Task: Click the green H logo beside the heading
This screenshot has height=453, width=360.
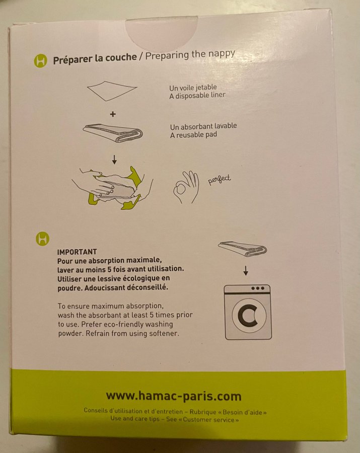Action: tap(41, 61)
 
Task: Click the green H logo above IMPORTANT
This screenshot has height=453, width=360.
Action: tap(43, 239)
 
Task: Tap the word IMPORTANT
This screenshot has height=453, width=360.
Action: tap(77, 252)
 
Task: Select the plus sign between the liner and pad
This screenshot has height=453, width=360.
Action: tap(113, 114)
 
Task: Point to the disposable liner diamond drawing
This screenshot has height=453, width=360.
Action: tap(112, 91)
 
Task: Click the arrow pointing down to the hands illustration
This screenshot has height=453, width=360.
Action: tap(114, 160)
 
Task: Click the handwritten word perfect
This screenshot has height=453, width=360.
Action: tap(220, 179)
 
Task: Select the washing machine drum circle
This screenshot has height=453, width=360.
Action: tap(249, 315)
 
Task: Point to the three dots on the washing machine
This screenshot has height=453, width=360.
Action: tap(258, 288)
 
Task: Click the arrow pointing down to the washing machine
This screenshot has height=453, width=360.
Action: tap(246, 271)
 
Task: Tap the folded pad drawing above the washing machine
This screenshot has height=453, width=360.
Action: tap(242, 249)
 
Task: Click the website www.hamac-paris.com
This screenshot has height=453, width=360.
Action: tap(174, 396)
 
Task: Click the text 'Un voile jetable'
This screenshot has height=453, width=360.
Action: tap(193, 88)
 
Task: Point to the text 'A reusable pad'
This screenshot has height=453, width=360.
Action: tap(193, 134)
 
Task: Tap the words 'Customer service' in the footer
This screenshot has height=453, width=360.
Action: tap(208, 419)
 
